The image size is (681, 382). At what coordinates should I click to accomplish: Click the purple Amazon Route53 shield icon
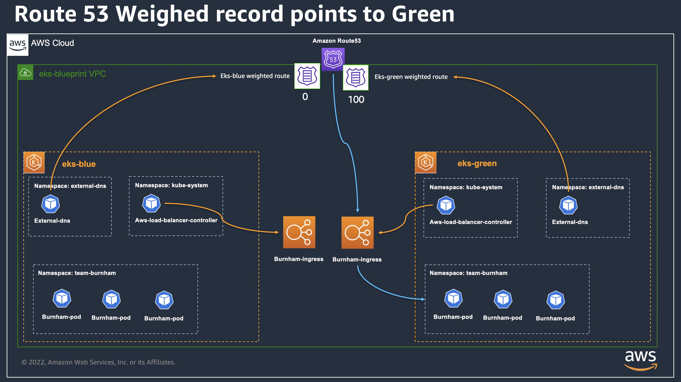333,59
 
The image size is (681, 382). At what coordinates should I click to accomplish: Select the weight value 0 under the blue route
305,97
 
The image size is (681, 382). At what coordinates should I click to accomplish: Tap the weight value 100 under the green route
356,99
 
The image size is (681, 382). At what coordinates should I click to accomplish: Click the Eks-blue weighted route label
255,76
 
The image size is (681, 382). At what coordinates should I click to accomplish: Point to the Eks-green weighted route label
411,77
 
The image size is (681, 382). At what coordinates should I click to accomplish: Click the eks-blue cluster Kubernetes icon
34,162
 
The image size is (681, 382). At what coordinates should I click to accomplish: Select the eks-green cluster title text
477,163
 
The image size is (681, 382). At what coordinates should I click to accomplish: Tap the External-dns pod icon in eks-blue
51,204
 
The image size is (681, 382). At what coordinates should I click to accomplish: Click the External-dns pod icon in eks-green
568,205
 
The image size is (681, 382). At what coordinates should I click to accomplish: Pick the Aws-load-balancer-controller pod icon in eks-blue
151,203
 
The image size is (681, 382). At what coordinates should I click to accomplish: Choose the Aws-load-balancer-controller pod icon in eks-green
446,205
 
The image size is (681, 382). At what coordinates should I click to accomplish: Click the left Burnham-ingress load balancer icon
299,232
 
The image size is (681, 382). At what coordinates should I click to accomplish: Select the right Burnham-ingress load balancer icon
357,233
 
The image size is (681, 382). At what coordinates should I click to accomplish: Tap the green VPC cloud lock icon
25,72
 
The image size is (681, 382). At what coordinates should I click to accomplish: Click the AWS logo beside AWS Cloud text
18,45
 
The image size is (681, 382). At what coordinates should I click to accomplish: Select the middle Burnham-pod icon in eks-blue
111,299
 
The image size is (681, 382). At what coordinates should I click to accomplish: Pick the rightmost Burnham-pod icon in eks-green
555,300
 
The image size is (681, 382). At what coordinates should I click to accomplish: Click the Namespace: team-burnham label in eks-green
468,273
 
